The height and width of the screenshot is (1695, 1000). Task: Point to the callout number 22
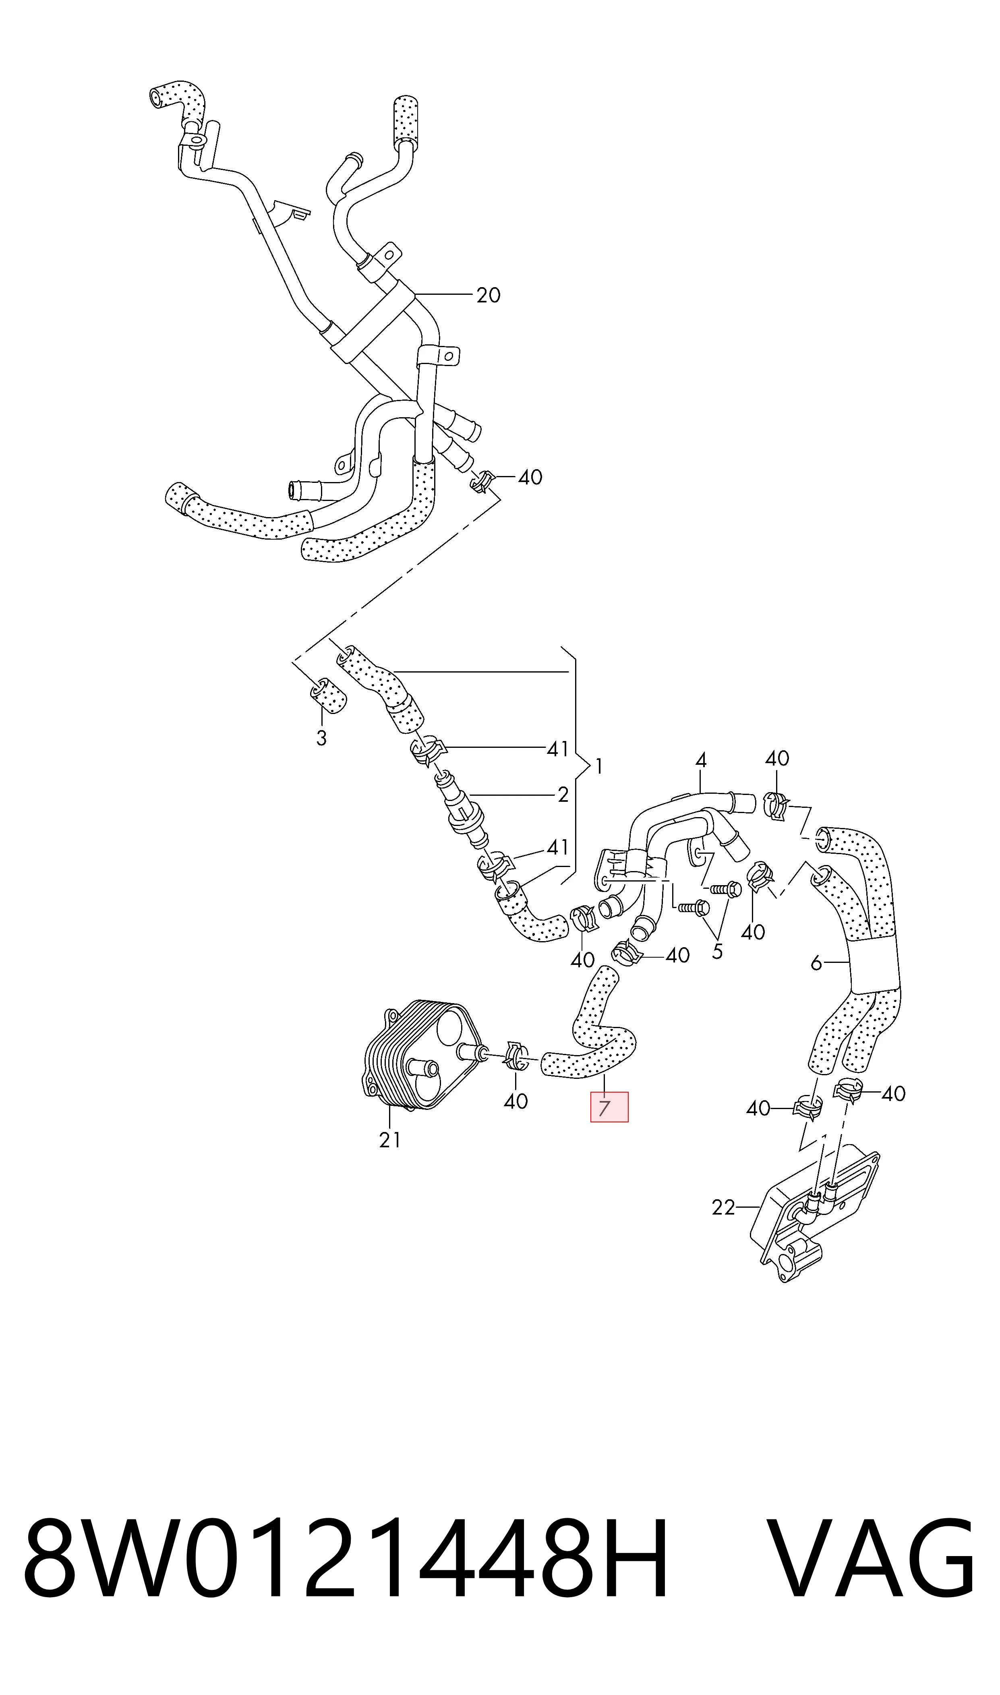tap(723, 1208)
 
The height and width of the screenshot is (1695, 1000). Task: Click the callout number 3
tap(321, 738)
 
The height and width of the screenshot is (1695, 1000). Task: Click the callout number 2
tap(563, 795)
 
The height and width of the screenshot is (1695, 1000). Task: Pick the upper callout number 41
tap(557, 749)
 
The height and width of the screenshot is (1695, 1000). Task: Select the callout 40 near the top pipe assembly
tap(530, 478)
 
